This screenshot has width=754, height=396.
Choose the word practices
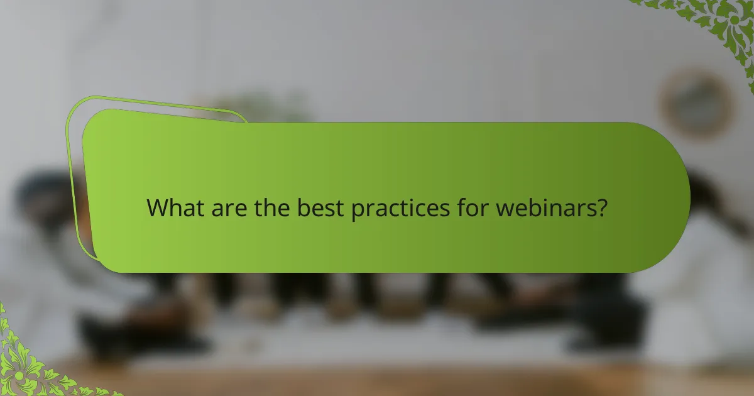400,209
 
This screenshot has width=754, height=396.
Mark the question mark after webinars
602,208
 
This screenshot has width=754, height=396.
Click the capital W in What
157,208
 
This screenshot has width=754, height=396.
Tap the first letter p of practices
356,211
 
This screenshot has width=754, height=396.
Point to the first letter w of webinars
504,209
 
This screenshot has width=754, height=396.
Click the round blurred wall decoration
696,102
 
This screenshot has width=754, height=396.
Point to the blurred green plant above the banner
264,107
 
